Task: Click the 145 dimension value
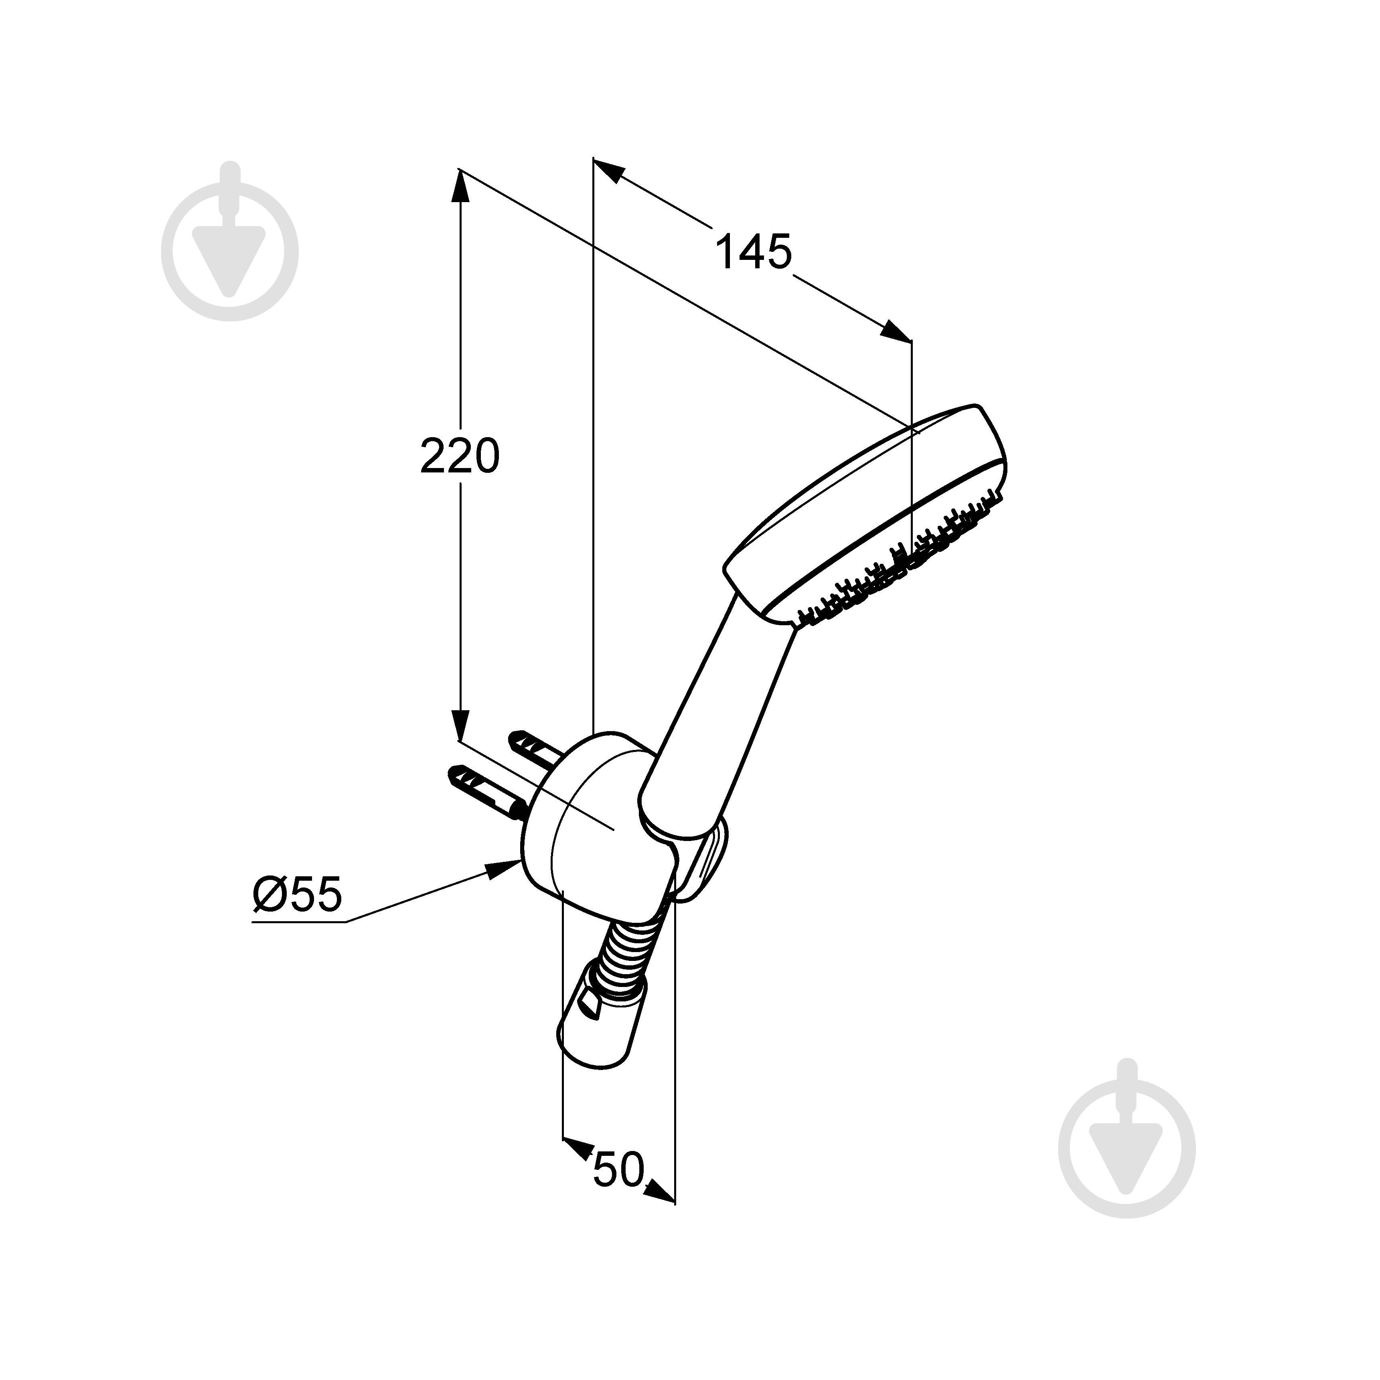coord(754,251)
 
